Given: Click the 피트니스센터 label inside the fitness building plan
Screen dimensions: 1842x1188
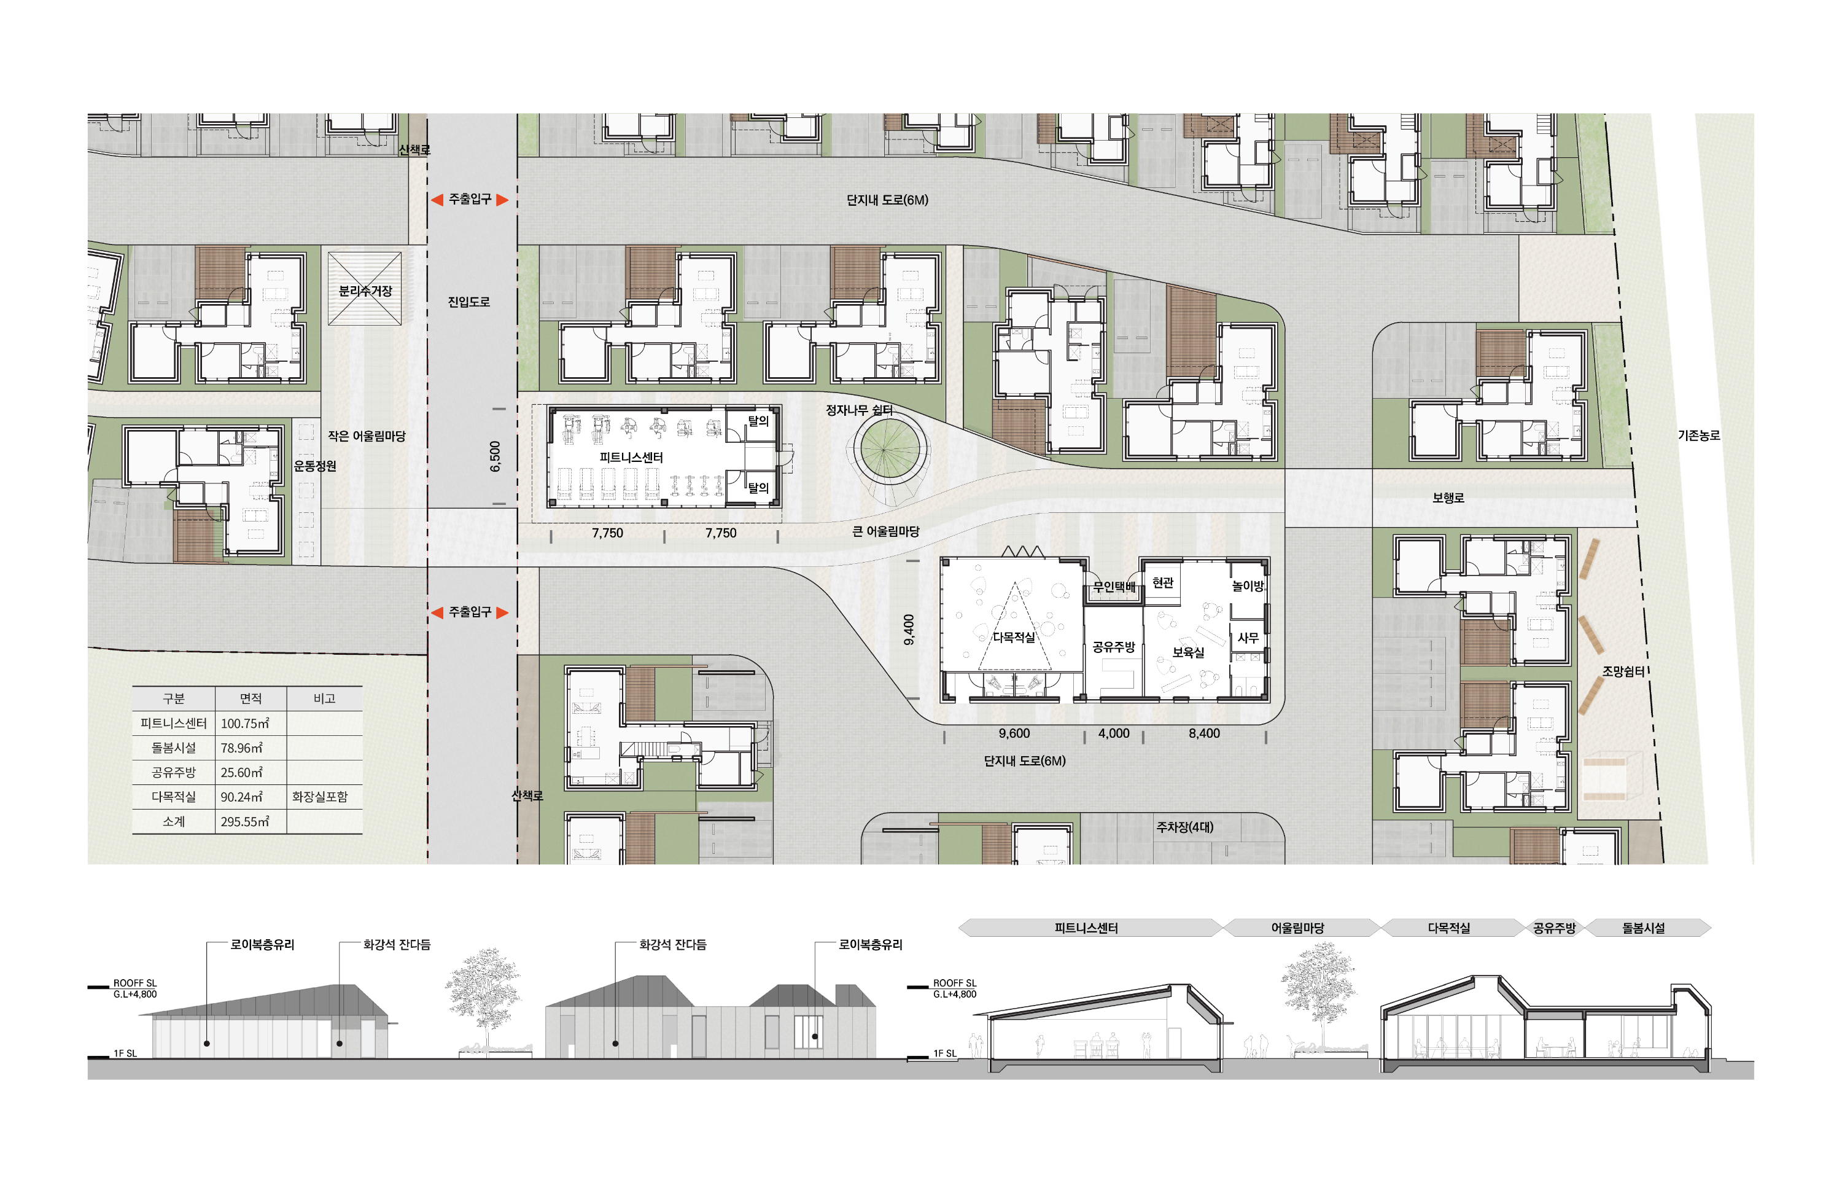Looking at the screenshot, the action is click(x=631, y=458).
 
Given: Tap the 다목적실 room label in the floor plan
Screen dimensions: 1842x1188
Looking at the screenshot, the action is click(x=1013, y=637).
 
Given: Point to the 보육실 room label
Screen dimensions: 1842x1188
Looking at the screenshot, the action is click(x=1187, y=652).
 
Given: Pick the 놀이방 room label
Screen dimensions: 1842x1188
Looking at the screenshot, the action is click(x=1248, y=586).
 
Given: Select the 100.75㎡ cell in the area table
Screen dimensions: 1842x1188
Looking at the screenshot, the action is click(x=244, y=724).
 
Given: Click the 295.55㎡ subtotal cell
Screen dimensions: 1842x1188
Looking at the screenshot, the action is click(x=244, y=821).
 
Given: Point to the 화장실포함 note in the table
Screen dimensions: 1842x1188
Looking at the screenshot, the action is click(x=319, y=797).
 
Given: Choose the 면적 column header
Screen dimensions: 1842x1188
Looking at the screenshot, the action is click(x=251, y=699).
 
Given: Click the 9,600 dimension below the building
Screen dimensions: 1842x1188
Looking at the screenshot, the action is click(x=1014, y=733).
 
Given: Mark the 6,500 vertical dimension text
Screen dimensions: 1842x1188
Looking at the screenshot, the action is click(x=495, y=456).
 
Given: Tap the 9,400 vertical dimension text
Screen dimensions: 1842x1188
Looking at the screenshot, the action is click(x=909, y=630).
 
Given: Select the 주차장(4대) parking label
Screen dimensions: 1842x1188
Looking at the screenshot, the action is click(x=1184, y=827).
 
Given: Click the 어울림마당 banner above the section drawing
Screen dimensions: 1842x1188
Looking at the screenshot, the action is click(x=1297, y=928).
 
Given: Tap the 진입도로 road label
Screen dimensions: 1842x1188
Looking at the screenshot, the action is click(x=468, y=302).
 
